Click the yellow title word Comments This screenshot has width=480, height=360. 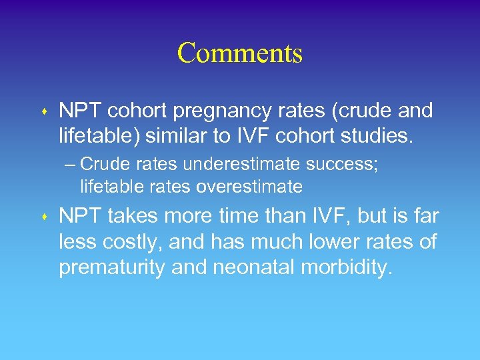[x=240, y=53]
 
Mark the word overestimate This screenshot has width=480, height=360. [x=249, y=187]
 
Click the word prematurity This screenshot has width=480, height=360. [x=110, y=268]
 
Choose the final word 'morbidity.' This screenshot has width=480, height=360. [x=347, y=268]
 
